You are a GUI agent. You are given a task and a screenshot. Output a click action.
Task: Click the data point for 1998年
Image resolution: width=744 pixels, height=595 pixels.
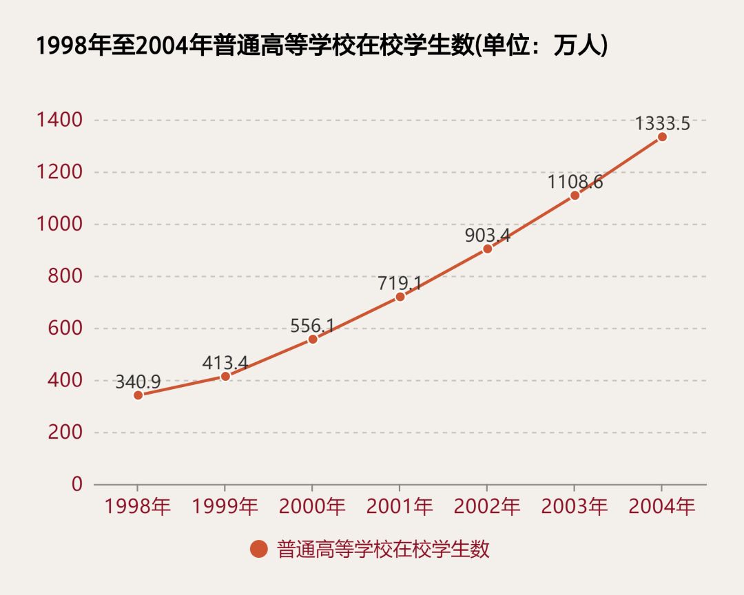138,395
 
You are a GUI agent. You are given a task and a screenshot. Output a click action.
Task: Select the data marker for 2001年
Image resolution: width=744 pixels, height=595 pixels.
400,297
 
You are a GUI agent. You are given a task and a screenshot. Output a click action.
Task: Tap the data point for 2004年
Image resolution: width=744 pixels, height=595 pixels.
662,136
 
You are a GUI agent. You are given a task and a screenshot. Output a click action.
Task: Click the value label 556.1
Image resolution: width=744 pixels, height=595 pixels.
312,326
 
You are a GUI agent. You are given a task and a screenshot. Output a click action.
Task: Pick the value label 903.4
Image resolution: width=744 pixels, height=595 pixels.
487,236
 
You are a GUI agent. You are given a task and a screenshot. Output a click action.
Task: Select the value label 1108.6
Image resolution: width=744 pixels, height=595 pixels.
575,182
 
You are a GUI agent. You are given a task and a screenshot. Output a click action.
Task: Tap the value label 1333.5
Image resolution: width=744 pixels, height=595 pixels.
662,124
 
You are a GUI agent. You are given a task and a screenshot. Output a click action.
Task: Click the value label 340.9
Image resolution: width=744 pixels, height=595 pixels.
138,382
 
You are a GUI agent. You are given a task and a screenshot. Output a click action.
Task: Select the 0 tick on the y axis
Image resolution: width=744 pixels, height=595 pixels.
76,484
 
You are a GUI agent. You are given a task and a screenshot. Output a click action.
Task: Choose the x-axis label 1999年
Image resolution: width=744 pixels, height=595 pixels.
225,508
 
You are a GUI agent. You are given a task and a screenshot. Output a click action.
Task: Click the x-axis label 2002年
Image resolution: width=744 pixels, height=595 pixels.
487,508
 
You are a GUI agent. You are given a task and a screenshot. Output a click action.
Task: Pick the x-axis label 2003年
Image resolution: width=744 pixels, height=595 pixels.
575,508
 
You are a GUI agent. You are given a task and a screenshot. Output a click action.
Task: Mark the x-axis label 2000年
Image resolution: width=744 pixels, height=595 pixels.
312,508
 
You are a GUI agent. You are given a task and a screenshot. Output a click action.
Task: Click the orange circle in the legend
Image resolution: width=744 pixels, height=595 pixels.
258,549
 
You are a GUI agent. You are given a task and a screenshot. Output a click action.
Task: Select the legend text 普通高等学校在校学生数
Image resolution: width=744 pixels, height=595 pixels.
383,549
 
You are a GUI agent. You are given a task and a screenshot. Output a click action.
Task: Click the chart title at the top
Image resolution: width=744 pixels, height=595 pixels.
321,46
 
